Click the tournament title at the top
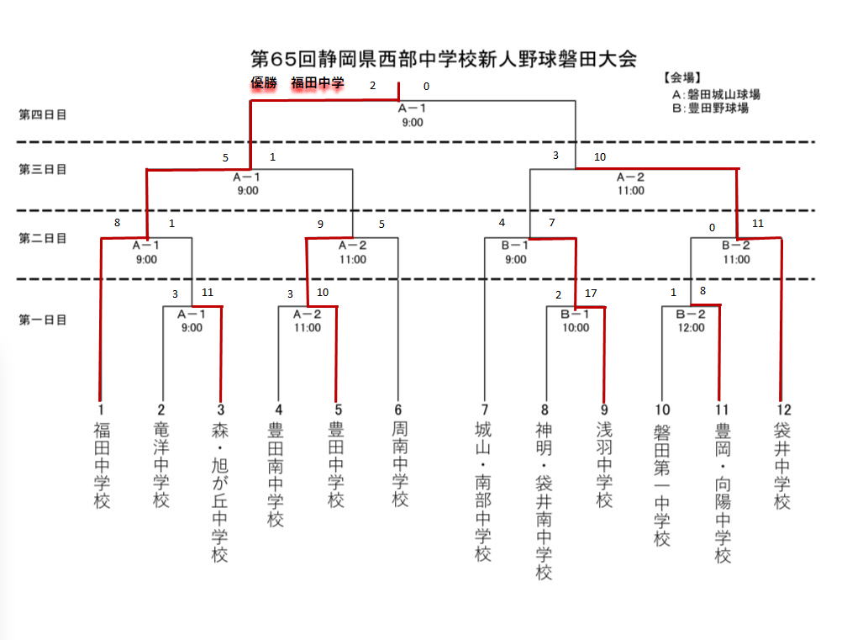444,59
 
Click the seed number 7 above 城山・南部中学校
484,410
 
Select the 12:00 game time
692,328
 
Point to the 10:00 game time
576,328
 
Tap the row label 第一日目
43,320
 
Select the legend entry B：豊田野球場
710,108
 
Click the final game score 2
373,86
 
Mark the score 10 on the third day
599,156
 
